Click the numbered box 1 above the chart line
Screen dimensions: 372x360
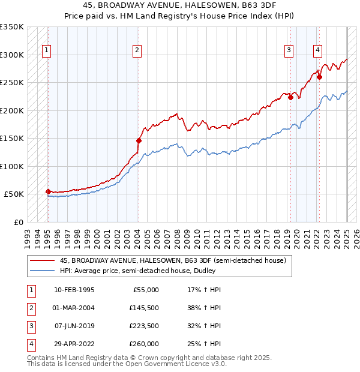tap(47, 50)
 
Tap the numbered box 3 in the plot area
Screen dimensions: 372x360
tap(289, 50)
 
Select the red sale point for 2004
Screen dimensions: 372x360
tap(139, 140)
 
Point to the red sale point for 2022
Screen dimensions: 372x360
tap(320, 76)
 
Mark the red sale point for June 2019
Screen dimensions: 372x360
tap(290, 97)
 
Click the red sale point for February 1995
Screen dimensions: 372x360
tap(48, 191)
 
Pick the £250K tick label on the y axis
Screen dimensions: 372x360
tap(11, 82)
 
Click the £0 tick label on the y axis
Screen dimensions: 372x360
tap(17, 222)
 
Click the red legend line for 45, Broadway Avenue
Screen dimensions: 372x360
tap(43, 260)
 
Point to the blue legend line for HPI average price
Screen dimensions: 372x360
tap(43, 271)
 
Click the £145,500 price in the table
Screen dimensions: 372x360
tap(145, 308)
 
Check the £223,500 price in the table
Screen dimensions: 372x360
tap(145, 326)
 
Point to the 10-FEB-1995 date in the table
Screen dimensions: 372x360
tap(74, 290)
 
